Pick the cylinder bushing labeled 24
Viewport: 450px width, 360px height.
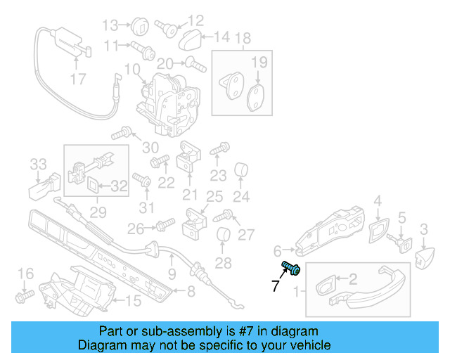coord(241,170)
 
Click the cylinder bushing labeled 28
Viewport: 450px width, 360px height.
coord(222,236)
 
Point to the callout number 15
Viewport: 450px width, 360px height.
coord(133,302)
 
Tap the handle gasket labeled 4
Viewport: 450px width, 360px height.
coord(378,229)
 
